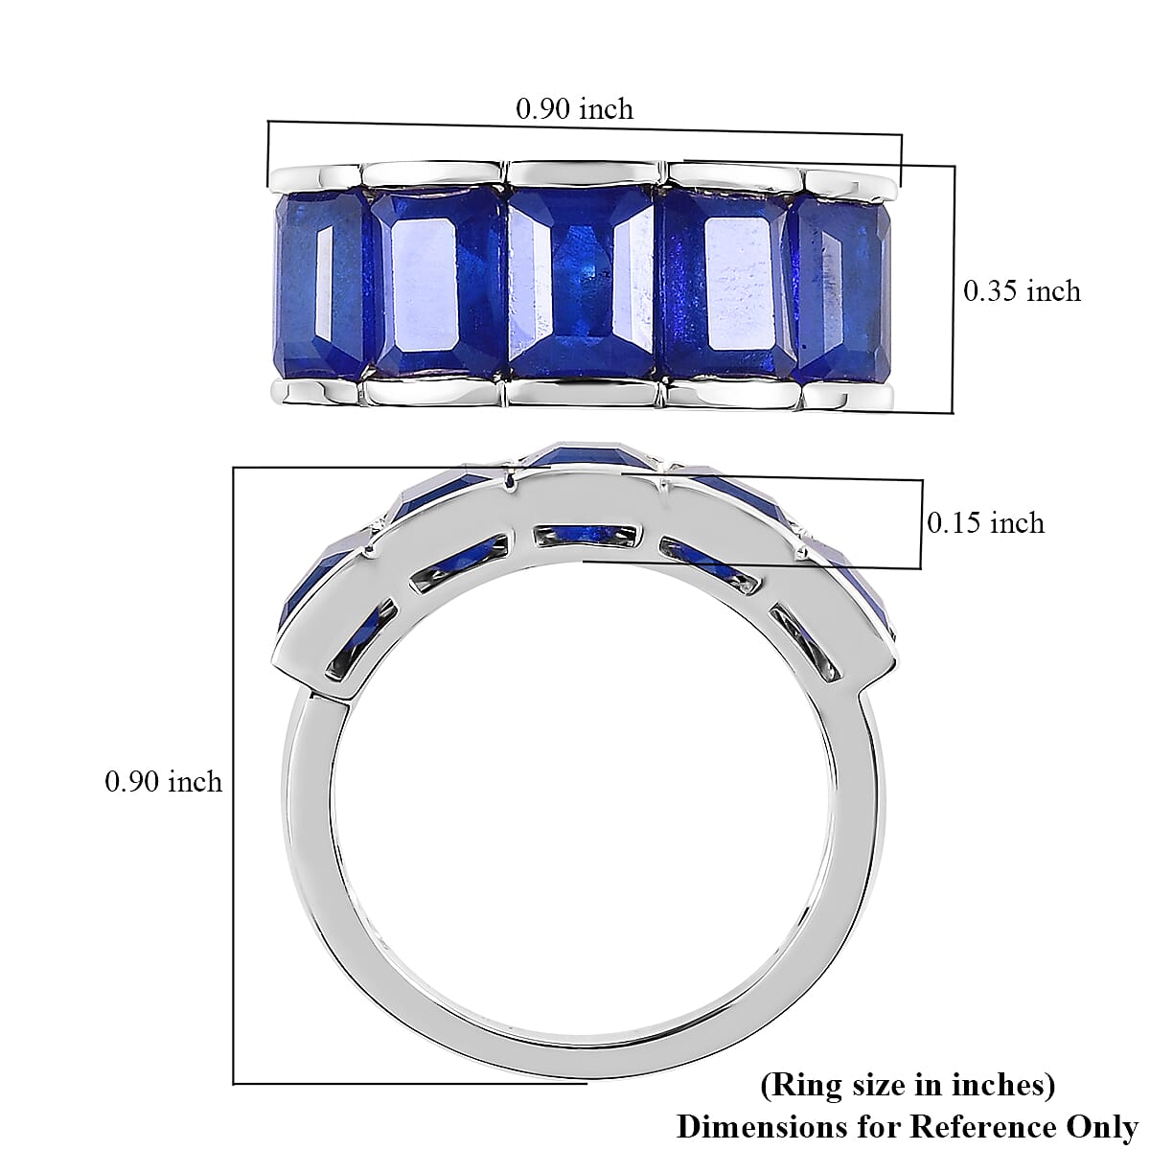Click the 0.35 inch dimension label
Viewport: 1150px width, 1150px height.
coord(1021,291)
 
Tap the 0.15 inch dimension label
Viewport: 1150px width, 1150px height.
coord(985,523)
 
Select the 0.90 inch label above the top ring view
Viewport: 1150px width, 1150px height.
coord(574,108)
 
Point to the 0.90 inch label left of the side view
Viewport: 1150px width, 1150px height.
coord(163,781)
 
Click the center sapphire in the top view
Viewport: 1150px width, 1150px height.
coord(582,281)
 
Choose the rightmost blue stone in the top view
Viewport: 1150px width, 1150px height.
coord(840,288)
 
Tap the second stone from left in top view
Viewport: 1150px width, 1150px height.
coord(439,282)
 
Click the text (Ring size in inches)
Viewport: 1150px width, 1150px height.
coord(908,1085)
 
